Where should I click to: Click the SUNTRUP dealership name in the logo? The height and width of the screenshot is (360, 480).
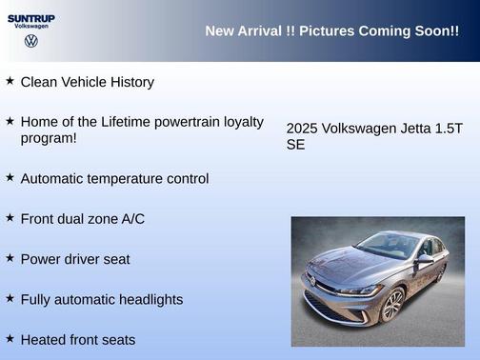pos(30,17)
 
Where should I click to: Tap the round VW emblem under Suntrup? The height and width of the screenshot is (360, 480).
pos(30,41)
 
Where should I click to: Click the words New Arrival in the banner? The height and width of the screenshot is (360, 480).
pos(243,31)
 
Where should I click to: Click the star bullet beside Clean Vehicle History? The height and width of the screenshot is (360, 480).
pos(10,81)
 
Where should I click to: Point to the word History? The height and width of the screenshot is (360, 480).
pos(130,82)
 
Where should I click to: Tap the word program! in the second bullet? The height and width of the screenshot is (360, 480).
pos(49,138)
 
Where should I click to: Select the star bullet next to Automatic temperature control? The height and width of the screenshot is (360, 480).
pos(10,177)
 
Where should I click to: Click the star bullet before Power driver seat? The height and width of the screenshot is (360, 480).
pos(10,257)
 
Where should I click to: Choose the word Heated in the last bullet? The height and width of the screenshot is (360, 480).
pos(43,339)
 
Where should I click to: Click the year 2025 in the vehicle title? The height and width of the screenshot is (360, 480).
pos(302,129)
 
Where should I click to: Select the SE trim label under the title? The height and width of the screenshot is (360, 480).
pos(295,145)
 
